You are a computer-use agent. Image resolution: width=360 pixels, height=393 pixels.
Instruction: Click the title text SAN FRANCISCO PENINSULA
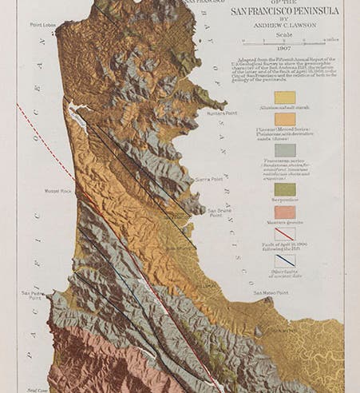[284, 11]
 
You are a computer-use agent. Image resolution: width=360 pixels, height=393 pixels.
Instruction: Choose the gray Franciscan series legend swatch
[285, 149]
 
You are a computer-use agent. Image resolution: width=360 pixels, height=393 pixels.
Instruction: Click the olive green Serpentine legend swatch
[285, 189]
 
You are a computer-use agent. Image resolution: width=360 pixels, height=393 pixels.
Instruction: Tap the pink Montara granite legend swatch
[285, 212]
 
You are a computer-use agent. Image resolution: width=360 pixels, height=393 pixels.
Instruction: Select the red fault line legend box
[285, 234]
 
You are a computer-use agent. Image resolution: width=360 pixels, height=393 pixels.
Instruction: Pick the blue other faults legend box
[285, 260]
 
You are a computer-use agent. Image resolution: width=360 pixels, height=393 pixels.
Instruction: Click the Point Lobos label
[45, 25]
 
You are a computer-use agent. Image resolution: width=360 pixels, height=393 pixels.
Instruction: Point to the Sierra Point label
[208, 181]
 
